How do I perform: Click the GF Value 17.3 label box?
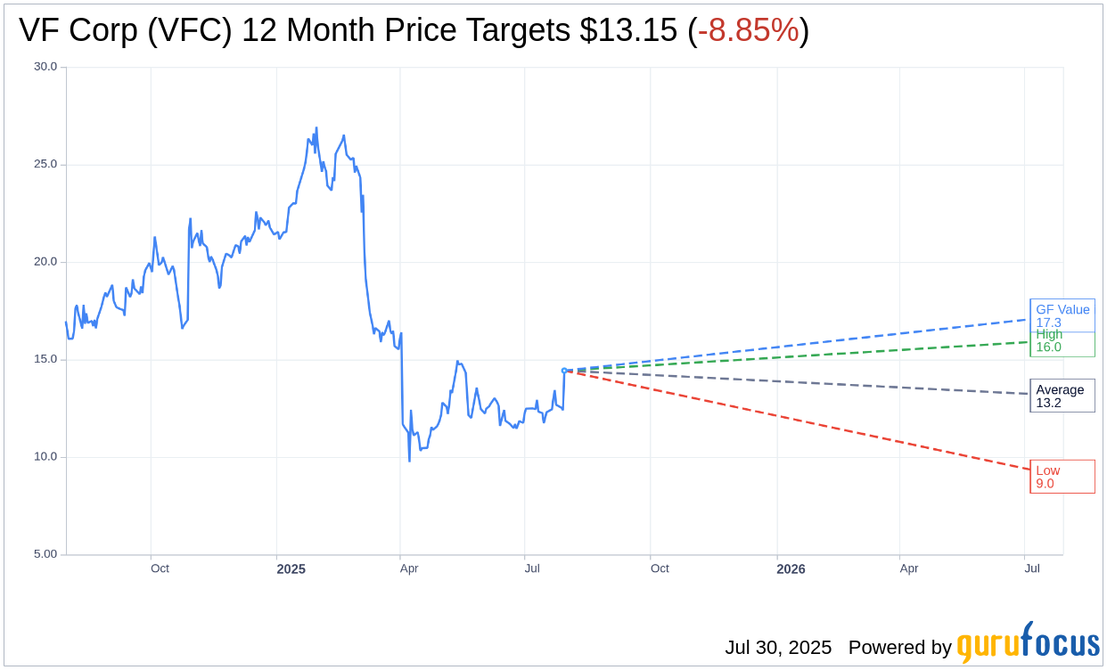(x=1062, y=315)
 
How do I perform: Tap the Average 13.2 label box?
(x=1062, y=396)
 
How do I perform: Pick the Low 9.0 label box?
(x=1062, y=477)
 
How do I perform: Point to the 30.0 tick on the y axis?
(x=45, y=67)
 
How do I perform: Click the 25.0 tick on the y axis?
(x=45, y=164)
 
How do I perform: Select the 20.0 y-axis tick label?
(x=45, y=262)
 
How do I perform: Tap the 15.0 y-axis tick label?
(x=45, y=359)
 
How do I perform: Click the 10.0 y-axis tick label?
(x=45, y=457)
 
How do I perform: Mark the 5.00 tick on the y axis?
(x=45, y=554)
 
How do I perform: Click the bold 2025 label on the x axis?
(x=291, y=569)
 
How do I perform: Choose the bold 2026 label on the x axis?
(x=791, y=569)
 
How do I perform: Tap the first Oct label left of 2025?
(x=160, y=568)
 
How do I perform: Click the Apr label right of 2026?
(x=909, y=568)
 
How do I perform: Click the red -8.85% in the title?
(x=748, y=30)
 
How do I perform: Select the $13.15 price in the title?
(x=628, y=30)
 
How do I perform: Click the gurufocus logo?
(x=1028, y=643)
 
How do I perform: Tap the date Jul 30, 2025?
(x=778, y=648)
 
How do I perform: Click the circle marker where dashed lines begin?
(x=564, y=371)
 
